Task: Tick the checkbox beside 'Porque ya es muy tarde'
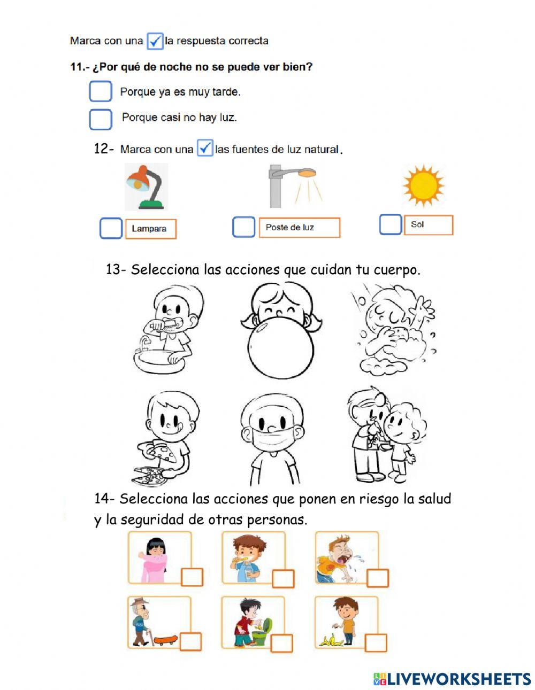(101, 91)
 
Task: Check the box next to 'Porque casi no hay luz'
(101, 119)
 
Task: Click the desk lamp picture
(146, 187)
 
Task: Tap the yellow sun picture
(423, 185)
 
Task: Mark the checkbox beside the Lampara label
(111, 229)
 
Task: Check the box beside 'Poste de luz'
(243, 227)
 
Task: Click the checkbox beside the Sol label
(391, 224)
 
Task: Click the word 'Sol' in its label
(417, 224)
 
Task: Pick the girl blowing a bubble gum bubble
(280, 331)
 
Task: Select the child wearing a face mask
(272, 438)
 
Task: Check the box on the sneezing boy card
(377, 578)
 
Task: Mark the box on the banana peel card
(376, 642)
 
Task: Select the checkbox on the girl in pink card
(192, 577)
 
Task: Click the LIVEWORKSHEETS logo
(452, 679)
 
